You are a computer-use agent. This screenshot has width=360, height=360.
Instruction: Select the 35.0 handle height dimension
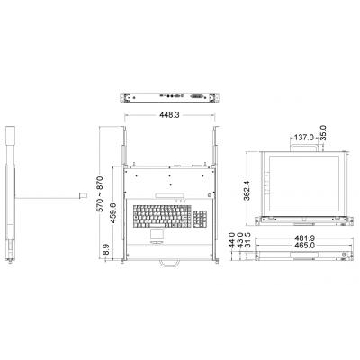334,143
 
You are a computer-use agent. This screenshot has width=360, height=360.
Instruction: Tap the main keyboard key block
159,217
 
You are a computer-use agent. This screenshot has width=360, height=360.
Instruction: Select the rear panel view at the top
166,97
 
